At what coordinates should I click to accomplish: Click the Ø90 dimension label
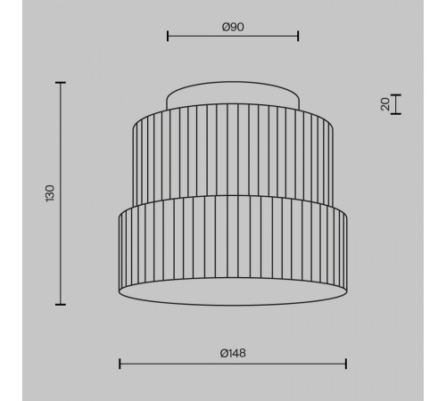[233, 27]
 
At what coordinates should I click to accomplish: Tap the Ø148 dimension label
[233, 353]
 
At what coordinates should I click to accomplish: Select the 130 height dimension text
[50, 193]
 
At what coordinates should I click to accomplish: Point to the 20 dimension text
[385, 104]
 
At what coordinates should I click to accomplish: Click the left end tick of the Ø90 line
[168, 37]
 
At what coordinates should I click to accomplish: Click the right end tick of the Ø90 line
[298, 37]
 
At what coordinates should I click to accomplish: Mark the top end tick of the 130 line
[61, 83]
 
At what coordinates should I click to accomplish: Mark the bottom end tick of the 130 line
[61, 304]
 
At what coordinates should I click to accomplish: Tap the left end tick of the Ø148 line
[120, 364]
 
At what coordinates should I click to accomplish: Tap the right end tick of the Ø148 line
[346, 364]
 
